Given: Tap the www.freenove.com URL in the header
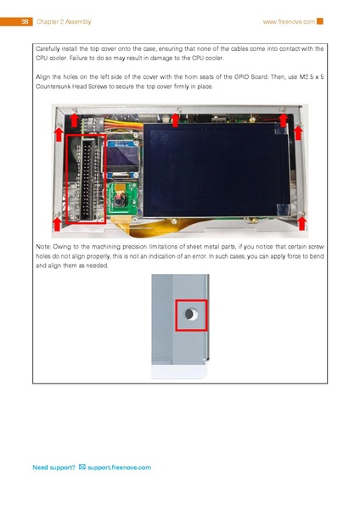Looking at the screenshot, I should (x=289, y=20).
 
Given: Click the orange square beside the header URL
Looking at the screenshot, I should (x=321, y=20).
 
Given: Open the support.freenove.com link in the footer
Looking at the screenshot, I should (x=119, y=467).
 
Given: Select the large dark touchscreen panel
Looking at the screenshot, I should (x=217, y=168).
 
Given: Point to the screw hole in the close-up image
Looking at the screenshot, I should (x=190, y=316).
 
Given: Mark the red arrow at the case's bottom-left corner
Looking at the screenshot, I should (x=58, y=222).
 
